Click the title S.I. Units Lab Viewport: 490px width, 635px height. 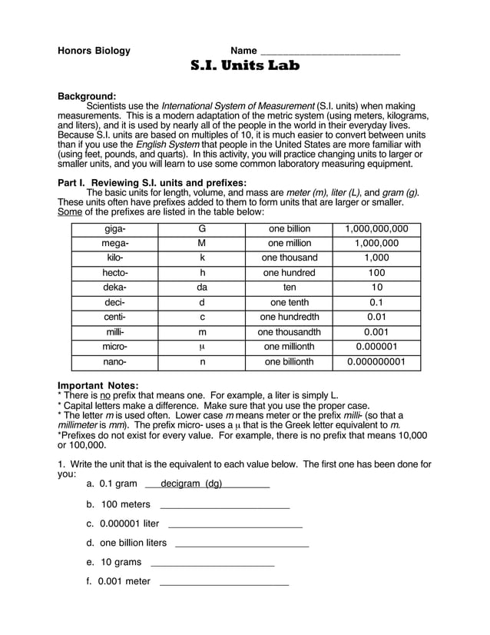coord(245,65)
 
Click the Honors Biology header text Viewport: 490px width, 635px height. coord(94,51)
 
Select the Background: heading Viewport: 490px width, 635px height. coord(87,96)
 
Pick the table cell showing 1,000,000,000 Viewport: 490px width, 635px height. coord(376,229)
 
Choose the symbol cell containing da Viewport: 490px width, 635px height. coord(202,288)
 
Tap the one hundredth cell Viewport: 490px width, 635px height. coord(289,317)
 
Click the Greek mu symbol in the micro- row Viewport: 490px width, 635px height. coord(202,347)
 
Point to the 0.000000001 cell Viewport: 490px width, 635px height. coord(376,361)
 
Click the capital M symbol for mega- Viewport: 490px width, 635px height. coord(202,244)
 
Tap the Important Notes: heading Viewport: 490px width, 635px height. coord(98,385)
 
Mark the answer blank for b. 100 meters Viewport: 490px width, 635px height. coord(224,506)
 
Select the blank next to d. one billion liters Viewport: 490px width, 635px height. coord(242,544)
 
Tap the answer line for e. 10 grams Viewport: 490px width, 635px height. coord(213,563)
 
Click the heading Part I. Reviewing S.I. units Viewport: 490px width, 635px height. coord(151,182)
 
